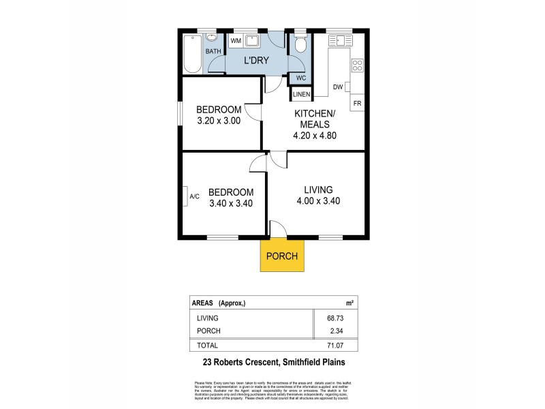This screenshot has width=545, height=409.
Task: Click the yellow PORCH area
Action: point(282,256)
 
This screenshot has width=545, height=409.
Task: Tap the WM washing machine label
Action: point(236,42)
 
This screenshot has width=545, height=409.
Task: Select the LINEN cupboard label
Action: point(302,93)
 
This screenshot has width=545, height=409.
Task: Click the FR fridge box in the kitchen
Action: point(356,102)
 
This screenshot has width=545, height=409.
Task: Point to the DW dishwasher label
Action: point(338,87)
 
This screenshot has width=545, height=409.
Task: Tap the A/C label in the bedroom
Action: point(194,197)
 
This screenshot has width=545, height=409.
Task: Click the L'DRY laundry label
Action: point(256,61)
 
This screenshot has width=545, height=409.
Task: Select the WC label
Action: point(301,77)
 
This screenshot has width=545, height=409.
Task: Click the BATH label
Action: point(214,51)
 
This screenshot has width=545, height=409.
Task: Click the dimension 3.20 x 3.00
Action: point(219,121)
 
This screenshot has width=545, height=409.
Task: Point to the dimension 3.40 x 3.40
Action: point(231,202)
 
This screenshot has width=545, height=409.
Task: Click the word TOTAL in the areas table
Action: point(208,346)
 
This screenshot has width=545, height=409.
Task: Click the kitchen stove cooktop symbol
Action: point(356,66)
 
